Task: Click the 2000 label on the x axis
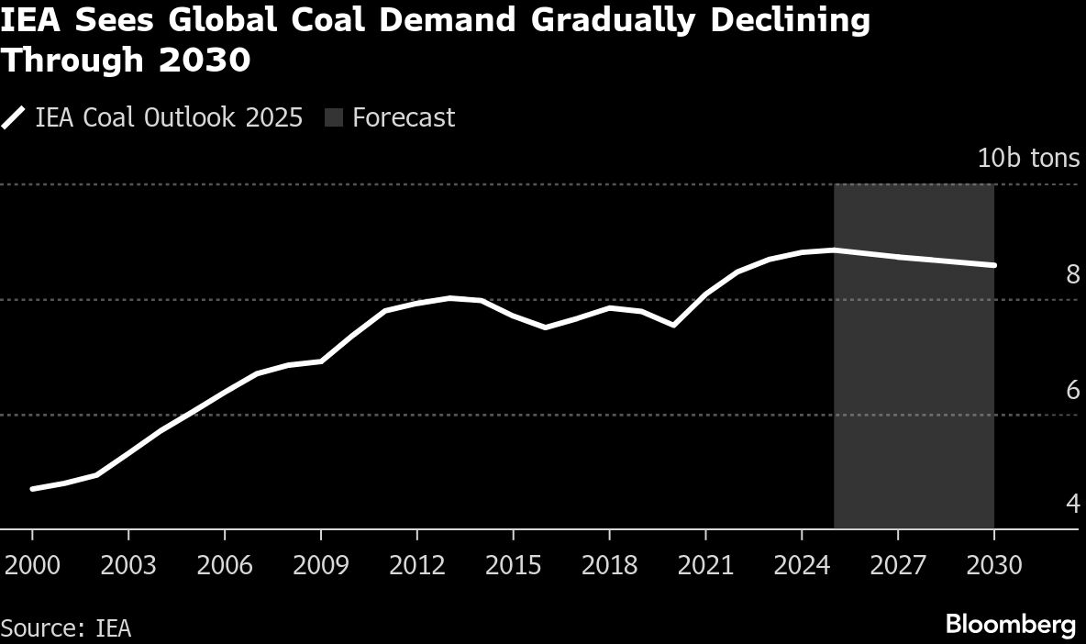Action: tap(32, 564)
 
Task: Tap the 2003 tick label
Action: tap(128, 564)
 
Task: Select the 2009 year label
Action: tap(320, 564)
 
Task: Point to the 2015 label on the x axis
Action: tap(513, 564)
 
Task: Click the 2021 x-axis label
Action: tap(705, 564)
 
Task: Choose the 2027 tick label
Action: tap(898, 564)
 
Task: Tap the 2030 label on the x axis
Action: tap(994, 564)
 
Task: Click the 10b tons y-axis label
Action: tap(1028, 159)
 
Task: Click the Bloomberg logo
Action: tap(1010, 626)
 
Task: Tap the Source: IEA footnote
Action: tap(66, 628)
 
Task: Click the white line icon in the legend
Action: tap(15, 118)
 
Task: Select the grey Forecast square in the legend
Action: tap(333, 118)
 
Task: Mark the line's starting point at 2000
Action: tap(32, 489)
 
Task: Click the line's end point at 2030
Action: tap(994, 265)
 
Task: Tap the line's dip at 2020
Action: tap(673, 325)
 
